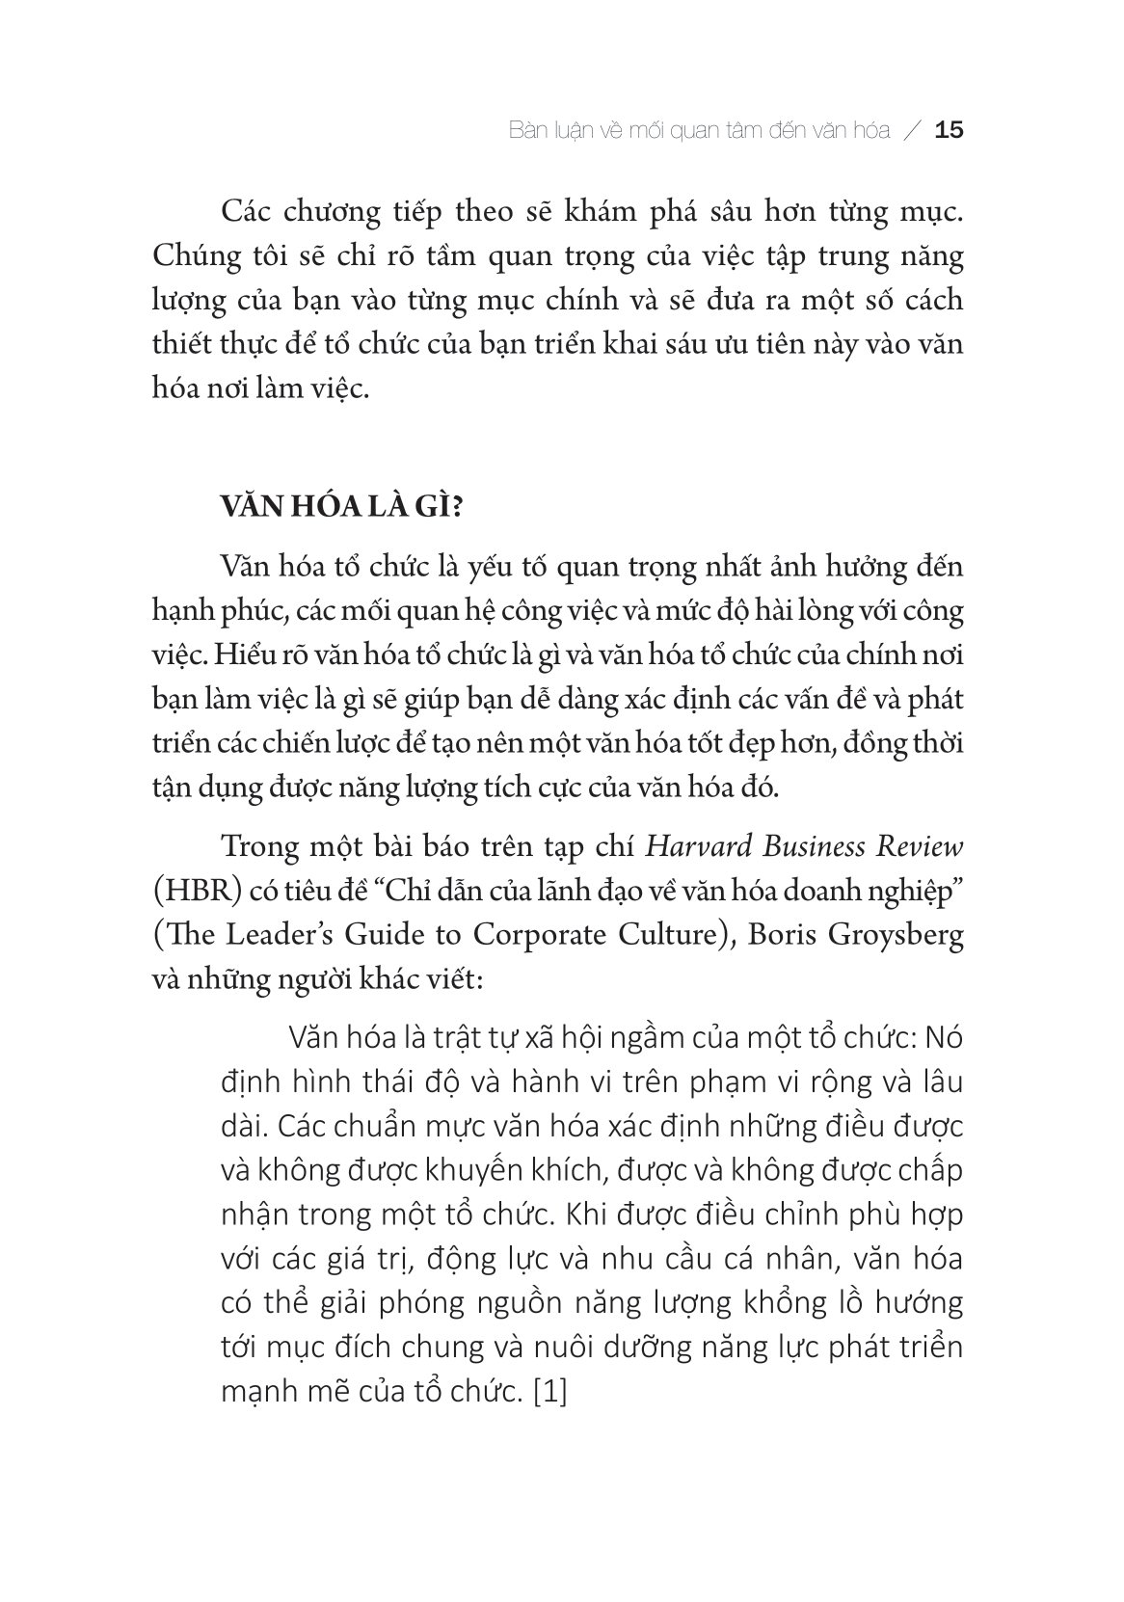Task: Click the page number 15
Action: click(x=950, y=130)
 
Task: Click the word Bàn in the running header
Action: click(x=527, y=130)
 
